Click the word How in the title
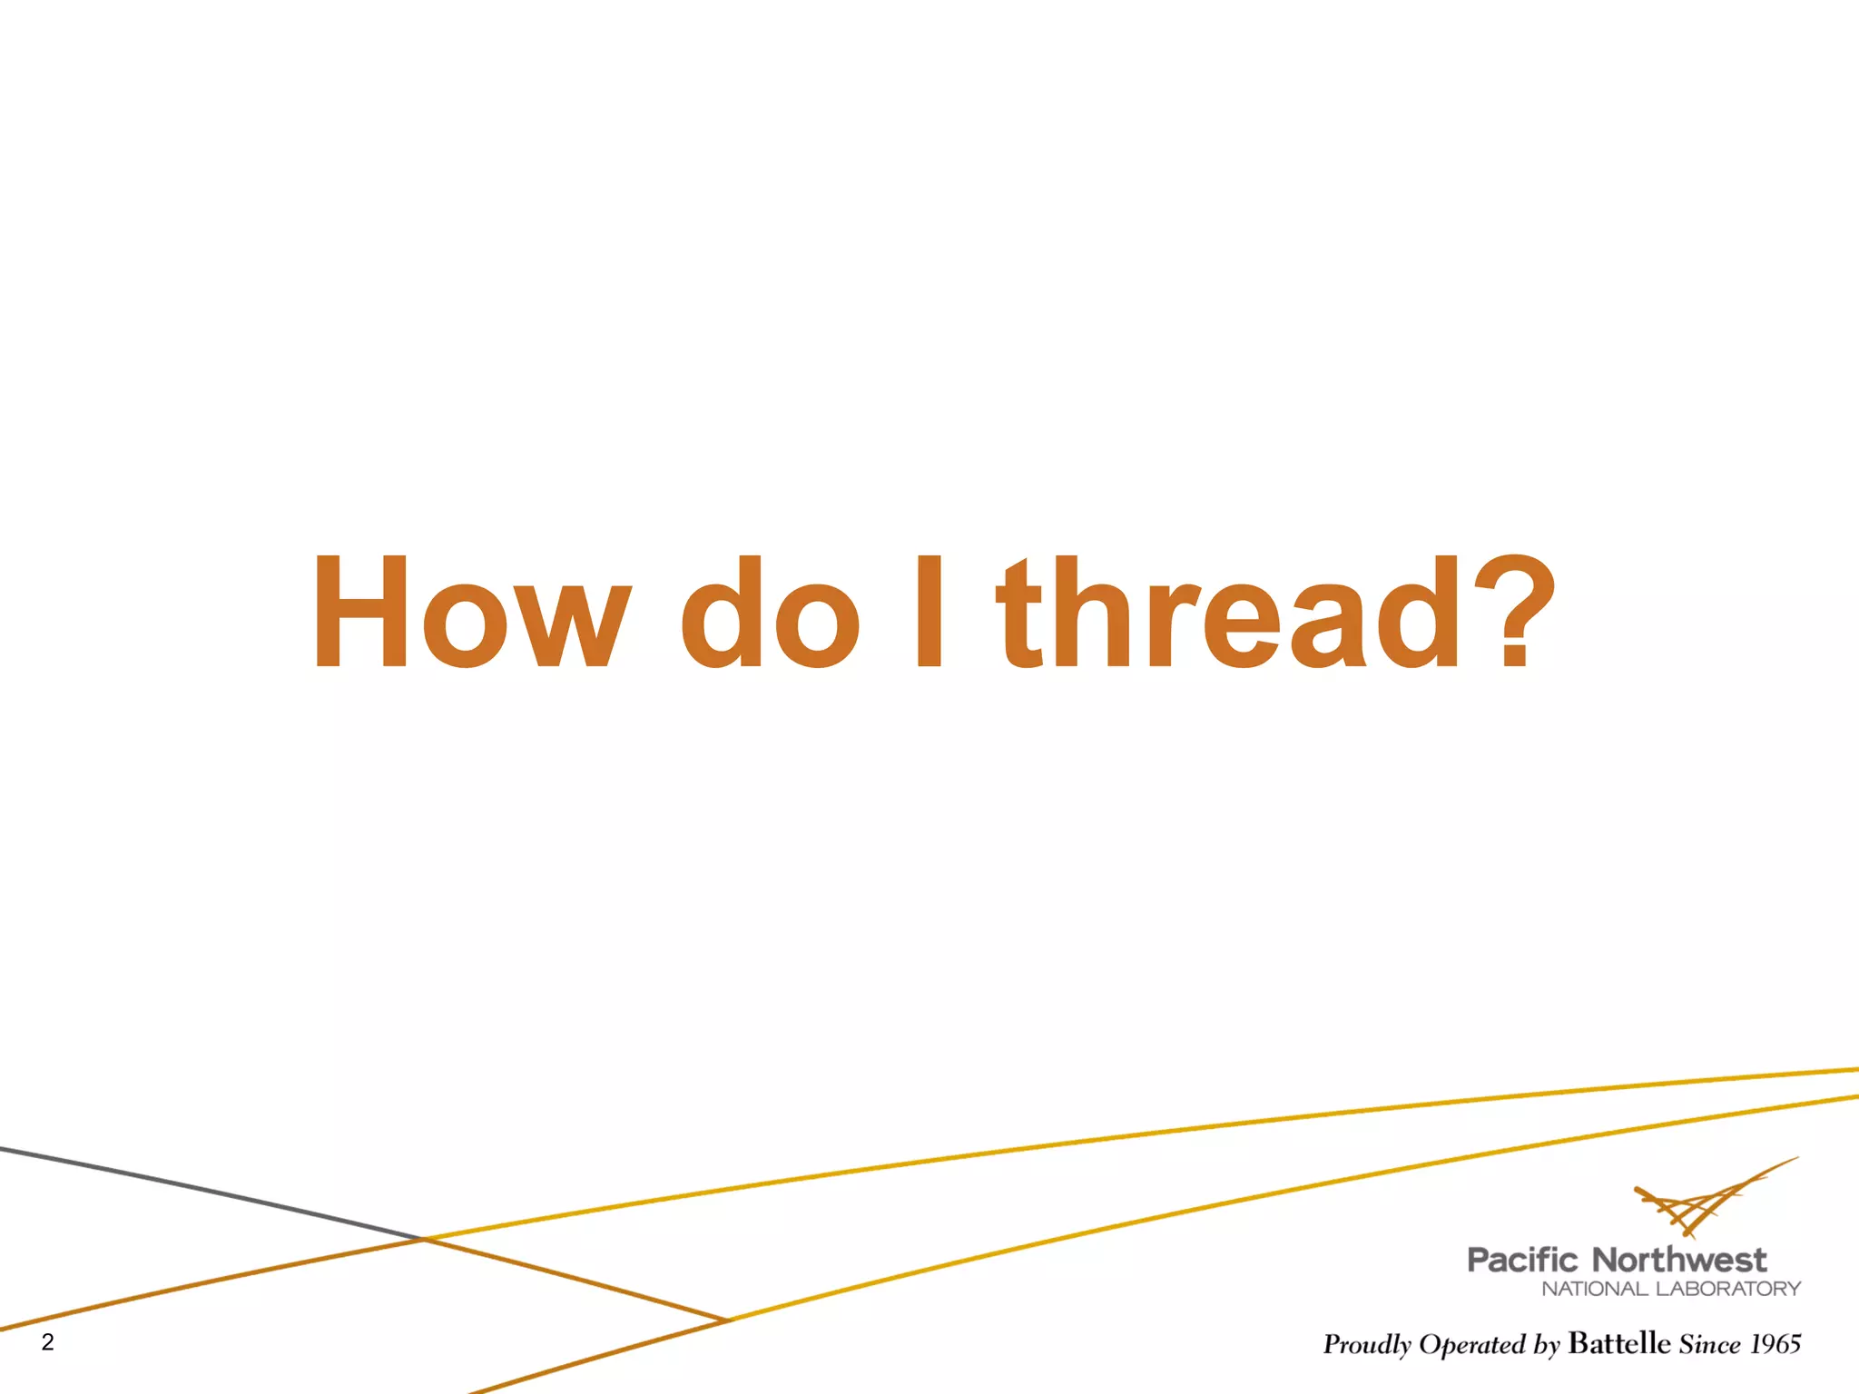[470, 613]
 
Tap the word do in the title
[770, 613]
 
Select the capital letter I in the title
[929, 613]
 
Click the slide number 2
[48, 1342]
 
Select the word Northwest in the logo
[1679, 1261]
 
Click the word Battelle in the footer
[1619, 1343]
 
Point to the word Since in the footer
[1710, 1344]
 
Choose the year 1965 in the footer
[1776, 1344]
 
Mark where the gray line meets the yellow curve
[424, 1238]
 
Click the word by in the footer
[1547, 1346]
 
